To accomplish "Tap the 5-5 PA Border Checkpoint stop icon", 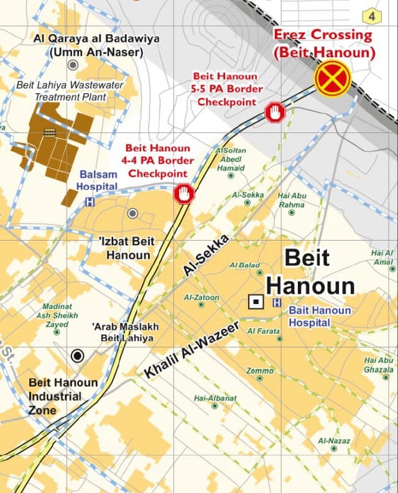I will point(275,113).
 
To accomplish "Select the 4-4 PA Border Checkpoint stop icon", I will point(183,193).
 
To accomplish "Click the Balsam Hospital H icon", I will point(90,201).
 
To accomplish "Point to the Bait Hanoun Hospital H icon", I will point(276,303).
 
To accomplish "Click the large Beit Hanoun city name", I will point(310,272).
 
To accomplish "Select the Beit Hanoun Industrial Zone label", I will point(62,396).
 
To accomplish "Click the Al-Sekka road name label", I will point(206,255).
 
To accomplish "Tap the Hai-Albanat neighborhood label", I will point(215,398).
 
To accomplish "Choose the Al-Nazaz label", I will point(333,441).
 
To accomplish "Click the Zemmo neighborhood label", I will point(259,371).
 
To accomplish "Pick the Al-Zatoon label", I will point(201,298).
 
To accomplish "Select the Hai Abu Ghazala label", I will point(379,365).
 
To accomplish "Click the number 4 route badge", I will point(372,16).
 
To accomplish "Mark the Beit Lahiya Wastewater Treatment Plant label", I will point(70,91).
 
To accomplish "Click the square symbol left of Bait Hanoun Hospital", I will point(255,302).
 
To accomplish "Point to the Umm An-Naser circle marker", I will point(73,65).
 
